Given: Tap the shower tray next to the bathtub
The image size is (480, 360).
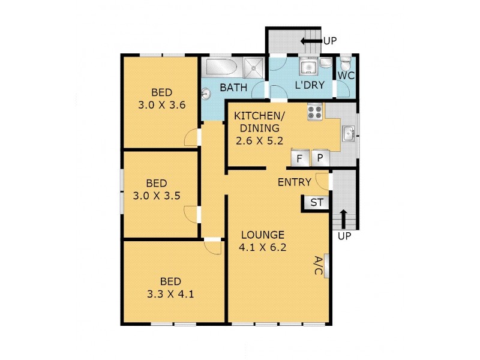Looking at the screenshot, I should pyautogui.click(x=254, y=67).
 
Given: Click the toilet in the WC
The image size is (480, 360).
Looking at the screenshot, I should pyautogui.click(x=345, y=64).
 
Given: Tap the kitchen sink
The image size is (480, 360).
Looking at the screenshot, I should pyautogui.click(x=348, y=133).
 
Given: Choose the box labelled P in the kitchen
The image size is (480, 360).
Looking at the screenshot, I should pyautogui.click(x=320, y=158).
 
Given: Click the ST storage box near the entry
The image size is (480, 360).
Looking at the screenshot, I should pyautogui.click(x=316, y=203).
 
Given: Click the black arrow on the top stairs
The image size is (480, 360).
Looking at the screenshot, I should pyautogui.click(x=310, y=41).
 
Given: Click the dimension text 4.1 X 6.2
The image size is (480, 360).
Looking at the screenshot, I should pyautogui.click(x=262, y=246).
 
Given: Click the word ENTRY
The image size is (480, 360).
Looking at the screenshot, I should pyautogui.click(x=294, y=182).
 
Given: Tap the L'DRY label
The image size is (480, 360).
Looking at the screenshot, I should pyautogui.click(x=310, y=86).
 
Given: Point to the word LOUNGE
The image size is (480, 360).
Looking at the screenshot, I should pyautogui.click(x=262, y=234).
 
